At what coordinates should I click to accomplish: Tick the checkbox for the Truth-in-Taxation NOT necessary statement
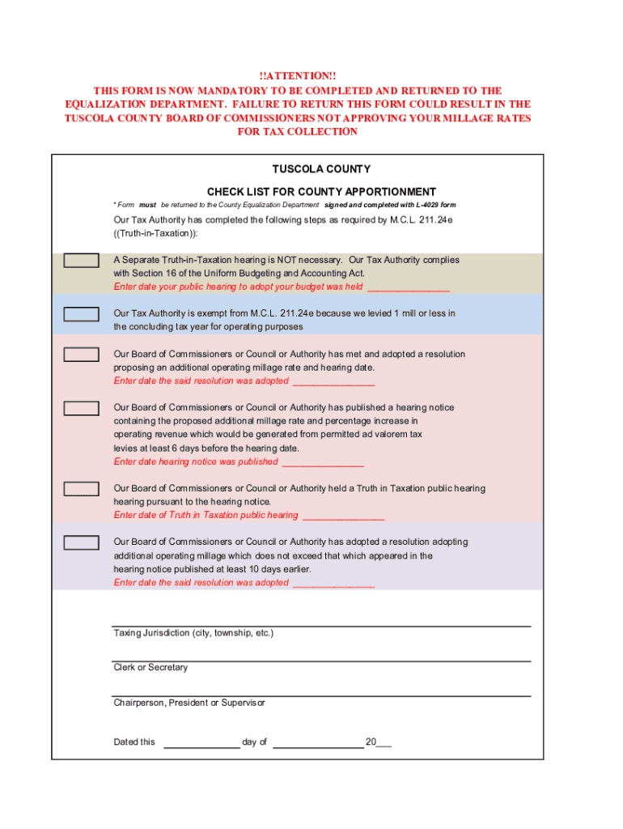pos(82,261)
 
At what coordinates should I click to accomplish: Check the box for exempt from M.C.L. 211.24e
pos(82,314)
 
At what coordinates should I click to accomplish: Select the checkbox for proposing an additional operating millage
pos(82,355)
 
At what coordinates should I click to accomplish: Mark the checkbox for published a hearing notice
pos(82,408)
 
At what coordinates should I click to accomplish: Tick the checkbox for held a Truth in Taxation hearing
pos(82,489)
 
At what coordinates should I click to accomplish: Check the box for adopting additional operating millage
pos(82,542)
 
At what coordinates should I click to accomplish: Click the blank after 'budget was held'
pos(409,287)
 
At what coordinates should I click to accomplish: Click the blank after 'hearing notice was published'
pos(324,462)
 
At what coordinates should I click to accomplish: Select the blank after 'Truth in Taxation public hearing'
pos(343,516)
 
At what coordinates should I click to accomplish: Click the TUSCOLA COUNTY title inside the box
pos(321,169)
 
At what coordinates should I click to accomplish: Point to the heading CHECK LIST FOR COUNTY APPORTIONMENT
pos(321,192)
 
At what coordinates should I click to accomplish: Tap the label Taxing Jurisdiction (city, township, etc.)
pos(193,633)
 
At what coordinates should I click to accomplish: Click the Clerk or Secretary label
pos(150,668)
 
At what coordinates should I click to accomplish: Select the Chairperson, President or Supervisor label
pos(189,703)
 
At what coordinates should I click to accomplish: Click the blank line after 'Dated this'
pos(201,742)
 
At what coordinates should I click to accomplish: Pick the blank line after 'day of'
pos(318,742)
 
